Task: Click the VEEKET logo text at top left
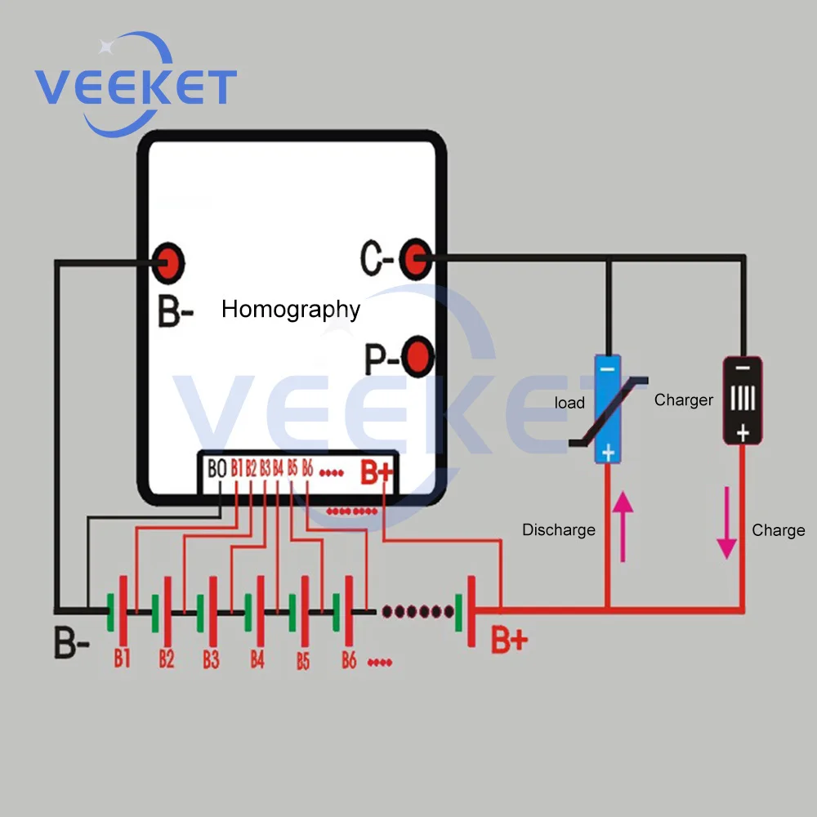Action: click(136, 87)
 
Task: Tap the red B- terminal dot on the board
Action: click(170, 262)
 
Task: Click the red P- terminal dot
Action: click(417, 357)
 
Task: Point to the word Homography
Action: click(291, 310)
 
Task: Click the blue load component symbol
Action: click(608, 408)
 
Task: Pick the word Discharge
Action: click(559, 530)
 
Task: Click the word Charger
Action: click(683, 400)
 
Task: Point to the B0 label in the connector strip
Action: click(217, 470)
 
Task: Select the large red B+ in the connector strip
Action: click(377, 471)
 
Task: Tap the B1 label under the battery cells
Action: click(123, 659)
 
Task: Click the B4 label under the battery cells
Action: click(257, 659)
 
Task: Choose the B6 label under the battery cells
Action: click(349, 659)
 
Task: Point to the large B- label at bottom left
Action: click(72, 643)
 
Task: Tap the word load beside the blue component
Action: click(569, 403)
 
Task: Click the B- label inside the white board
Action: click(175, 312)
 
